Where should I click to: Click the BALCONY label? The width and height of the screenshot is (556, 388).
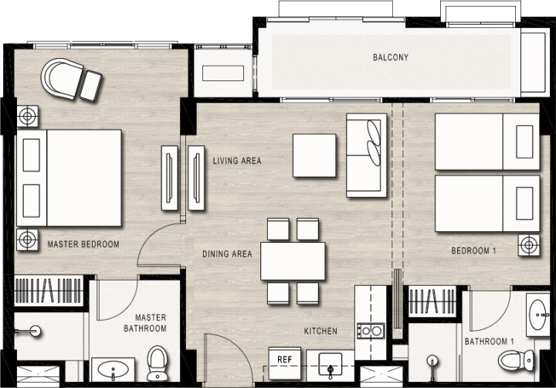click(391, 57)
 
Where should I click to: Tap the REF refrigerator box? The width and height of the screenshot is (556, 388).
click(285, 363)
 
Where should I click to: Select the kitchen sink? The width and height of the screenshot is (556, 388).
click(331, 364)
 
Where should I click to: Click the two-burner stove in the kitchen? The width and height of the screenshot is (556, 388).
click(371, 331)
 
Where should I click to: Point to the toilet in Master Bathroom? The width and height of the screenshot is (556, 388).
click(157, 362)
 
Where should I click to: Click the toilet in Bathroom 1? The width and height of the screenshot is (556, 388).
click(516, 360)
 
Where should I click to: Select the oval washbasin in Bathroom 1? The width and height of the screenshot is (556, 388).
click(538, 315)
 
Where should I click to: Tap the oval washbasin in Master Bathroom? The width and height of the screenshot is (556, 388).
click(114, 370)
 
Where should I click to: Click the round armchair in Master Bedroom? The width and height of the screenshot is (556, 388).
click(61, 79)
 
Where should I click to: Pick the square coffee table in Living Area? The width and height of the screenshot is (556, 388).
click(314, 155)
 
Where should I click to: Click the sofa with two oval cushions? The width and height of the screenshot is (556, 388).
click(366, 155)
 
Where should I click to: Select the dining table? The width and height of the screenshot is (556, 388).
click(293, 261)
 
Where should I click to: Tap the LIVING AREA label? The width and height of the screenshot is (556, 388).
click(237, 161)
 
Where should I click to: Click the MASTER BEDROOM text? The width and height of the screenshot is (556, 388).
click(83, 244)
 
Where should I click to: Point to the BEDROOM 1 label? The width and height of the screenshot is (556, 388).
click(473, 250)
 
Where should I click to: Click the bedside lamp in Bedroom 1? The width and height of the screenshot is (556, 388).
click(529, 245)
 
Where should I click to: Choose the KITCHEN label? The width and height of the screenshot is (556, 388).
click(320, 331)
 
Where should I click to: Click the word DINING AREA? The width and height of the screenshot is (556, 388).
click(227, 254)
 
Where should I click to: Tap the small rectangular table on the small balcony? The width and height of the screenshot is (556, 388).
click(223, 73)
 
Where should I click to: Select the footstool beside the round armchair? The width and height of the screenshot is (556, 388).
click(90, 86)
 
